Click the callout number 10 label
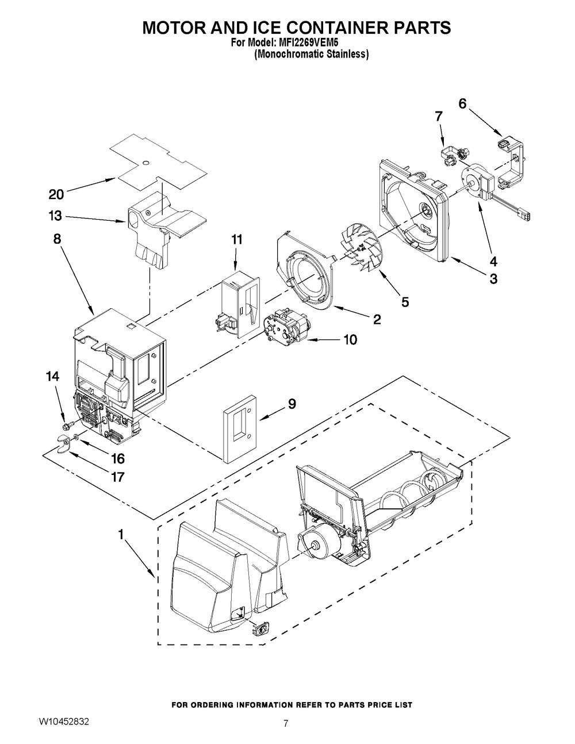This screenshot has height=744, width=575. tap(350, 340)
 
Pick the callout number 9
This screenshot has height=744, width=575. tap(292, 404)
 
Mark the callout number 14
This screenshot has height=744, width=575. tap(52, 377)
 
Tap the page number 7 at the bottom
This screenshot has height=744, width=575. tap(286, 724)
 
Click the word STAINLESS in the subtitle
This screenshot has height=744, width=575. tap(344, 55)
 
